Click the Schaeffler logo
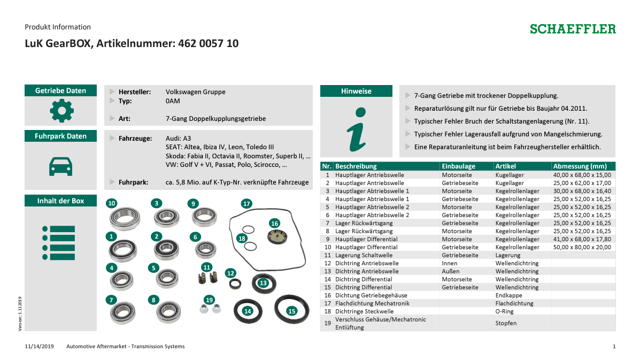click(573, 29)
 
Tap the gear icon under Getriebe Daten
click(61, 111)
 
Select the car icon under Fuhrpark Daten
click(61, 166)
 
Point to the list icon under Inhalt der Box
click(59, 243)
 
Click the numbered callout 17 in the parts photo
click(246, 204)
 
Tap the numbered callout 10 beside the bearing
click(111, 203)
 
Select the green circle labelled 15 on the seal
click(291, 311)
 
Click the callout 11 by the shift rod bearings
click(207, 267)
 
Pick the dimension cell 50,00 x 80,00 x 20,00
click(582, 247)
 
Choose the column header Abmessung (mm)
click(580, 166)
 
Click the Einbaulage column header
click(458, 166)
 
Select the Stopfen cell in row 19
click(506, 323)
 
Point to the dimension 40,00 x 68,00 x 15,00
click(582, 175)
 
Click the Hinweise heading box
click(356, 91)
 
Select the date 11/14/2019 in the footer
click(40, 347)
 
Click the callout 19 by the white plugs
click(209, 300)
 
